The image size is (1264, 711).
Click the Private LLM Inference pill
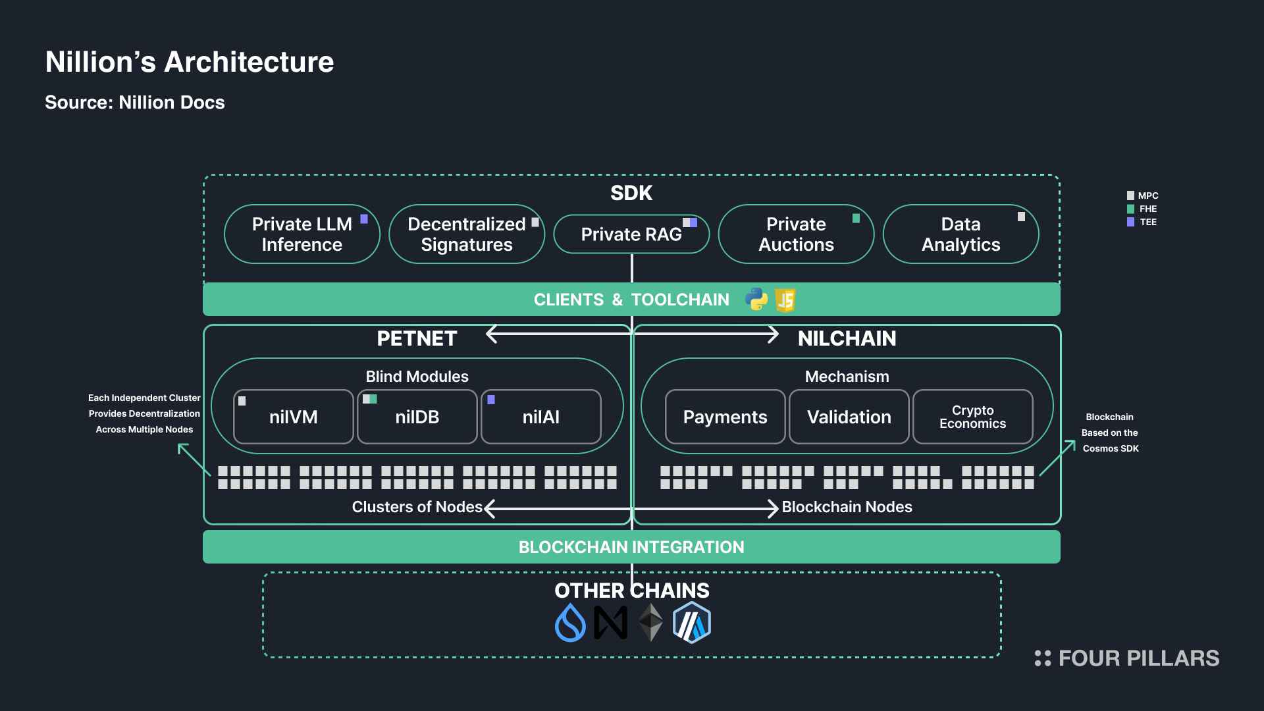point(302,234)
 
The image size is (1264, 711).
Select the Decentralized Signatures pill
point(467,234)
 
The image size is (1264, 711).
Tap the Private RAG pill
point(631,234)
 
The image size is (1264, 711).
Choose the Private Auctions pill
point(796,234)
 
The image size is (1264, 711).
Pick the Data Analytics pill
point(961,234)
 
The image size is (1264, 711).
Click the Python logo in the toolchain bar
point(756,300)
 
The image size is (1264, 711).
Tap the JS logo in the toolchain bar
point(785,300)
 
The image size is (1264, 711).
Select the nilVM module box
point(294,417)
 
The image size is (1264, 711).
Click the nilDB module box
point(417,417)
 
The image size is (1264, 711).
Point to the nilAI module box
point(541,417)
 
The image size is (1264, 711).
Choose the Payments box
point(725,417)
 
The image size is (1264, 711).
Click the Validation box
point(849,417)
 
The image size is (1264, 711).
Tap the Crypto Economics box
point(973,417)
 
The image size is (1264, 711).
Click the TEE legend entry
point(1142,222)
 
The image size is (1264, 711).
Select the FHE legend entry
point(1142,209)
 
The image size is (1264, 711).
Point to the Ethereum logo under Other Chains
point(651,623)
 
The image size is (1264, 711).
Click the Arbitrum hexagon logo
point(692,622)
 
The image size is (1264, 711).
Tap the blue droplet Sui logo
point(570,623)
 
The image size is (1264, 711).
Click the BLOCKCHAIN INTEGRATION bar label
point(631,547)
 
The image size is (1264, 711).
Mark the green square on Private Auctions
point(856,219)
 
